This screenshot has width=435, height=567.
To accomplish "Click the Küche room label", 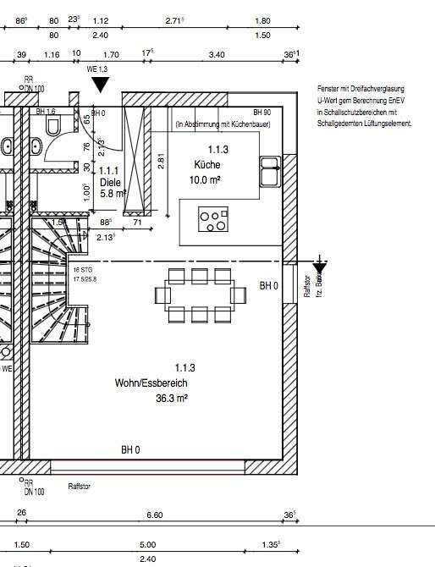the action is click(208, 166).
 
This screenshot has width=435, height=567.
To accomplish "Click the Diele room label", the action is click(110, 181).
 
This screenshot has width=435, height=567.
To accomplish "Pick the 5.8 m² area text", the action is click(112, 194).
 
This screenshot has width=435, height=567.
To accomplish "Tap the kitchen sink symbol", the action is click(272, 170).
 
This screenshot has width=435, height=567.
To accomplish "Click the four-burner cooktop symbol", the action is click(212, 220).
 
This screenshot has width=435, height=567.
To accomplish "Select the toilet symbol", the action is click(54, 125).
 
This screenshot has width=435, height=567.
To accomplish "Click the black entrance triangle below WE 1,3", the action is click(102, 84).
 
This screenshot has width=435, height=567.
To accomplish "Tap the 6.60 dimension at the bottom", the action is click(155, 515).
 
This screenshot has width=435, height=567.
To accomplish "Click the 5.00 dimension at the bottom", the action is click(148, 545).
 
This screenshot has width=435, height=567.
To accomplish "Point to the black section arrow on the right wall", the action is click(319, 266).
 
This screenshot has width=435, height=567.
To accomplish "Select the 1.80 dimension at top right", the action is click(263, 19).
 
